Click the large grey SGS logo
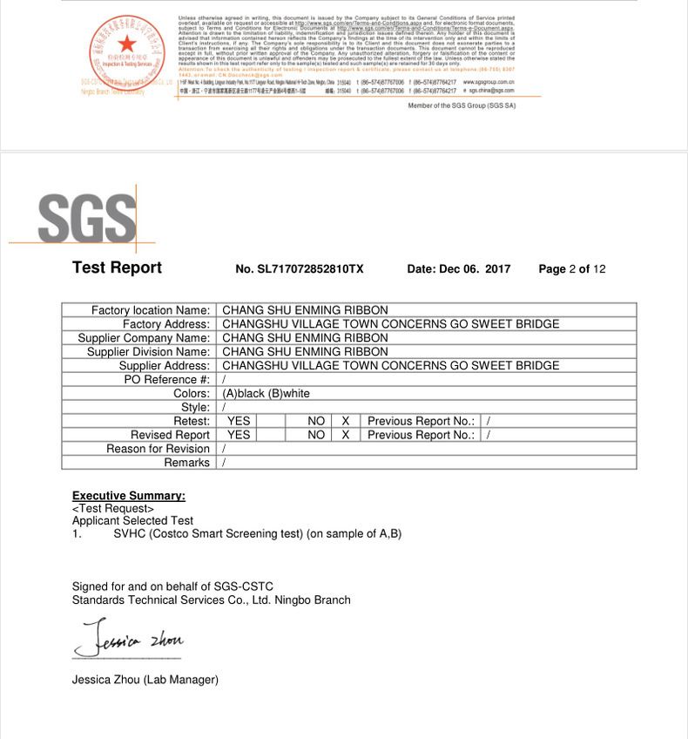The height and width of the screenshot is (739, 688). tap(87, 217)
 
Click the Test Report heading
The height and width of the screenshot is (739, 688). tap(117, 268)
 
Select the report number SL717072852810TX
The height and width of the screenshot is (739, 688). tap(300, 269)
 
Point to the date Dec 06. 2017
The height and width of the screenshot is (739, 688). tap(459, 269)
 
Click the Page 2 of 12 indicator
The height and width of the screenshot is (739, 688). tap(571, 269)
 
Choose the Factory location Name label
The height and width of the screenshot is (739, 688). tap(151, 310)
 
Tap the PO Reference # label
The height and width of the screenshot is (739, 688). tap(167, 380)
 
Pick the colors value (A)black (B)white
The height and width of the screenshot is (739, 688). tap(266, 394)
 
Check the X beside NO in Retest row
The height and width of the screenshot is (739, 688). tap(346, 421)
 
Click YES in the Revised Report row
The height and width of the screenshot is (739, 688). tap(239, 435)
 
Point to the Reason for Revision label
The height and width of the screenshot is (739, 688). tap(158, 449)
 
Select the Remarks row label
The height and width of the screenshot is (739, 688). tap(186, 463)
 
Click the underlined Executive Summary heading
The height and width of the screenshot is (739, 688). tap(129, 496)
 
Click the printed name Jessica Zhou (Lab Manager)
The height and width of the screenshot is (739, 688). tap(145, 680)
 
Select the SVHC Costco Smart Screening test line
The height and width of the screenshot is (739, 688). tap(257, 533)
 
